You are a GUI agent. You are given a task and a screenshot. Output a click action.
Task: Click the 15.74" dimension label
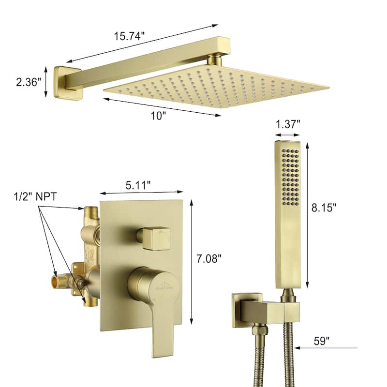pos(129,36)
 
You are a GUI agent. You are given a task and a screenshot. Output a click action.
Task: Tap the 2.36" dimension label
pos(29,82)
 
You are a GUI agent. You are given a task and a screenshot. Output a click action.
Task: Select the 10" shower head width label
pos(158,116)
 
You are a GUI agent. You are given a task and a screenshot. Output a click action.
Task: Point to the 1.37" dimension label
pos(288,124)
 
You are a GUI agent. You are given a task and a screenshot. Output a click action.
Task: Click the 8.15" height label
pos(324,208)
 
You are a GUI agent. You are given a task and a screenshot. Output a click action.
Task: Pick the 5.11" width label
pos(138,185)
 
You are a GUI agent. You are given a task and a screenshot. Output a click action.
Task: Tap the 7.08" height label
pos(209,259)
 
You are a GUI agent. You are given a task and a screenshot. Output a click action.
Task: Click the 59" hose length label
pos(322,341)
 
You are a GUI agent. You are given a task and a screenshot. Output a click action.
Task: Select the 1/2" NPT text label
pos(35,197)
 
